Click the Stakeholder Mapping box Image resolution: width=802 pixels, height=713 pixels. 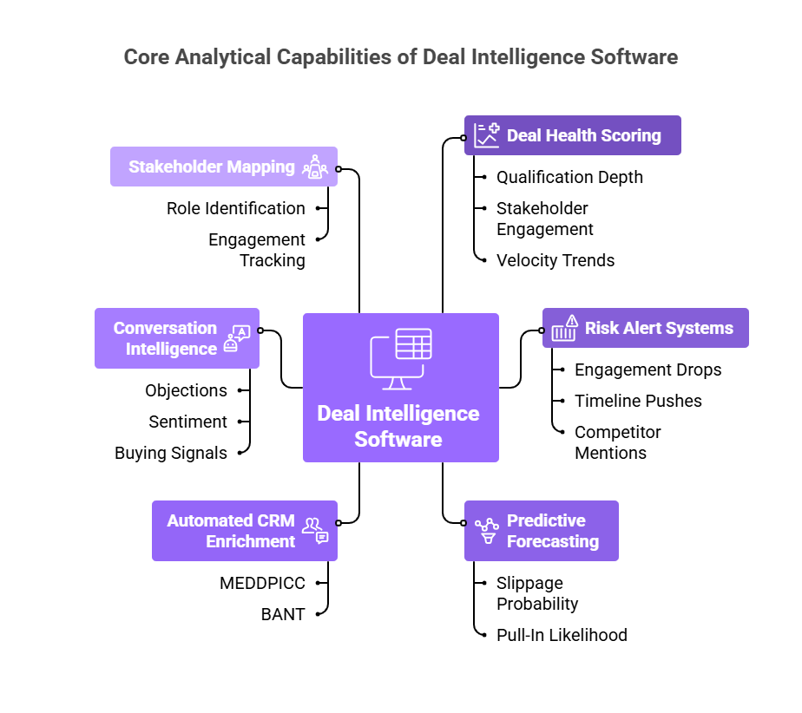223,167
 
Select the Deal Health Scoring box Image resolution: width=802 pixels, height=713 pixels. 573,135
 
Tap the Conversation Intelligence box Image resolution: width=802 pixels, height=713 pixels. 177,338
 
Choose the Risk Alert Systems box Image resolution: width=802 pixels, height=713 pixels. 645,328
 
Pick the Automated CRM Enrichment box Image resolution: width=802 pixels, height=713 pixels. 245,531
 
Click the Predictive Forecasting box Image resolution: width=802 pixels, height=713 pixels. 542,531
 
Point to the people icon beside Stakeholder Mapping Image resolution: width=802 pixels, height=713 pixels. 314,167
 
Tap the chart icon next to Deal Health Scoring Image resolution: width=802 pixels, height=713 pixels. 487,135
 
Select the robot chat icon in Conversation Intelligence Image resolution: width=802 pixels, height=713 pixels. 235,339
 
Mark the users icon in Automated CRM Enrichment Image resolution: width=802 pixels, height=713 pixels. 315,530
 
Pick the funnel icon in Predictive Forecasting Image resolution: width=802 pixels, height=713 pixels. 487,531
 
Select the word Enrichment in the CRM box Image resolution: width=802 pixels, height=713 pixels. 251,541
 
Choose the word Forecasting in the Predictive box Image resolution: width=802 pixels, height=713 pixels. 553,541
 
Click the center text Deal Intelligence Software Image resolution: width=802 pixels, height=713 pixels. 398,426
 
